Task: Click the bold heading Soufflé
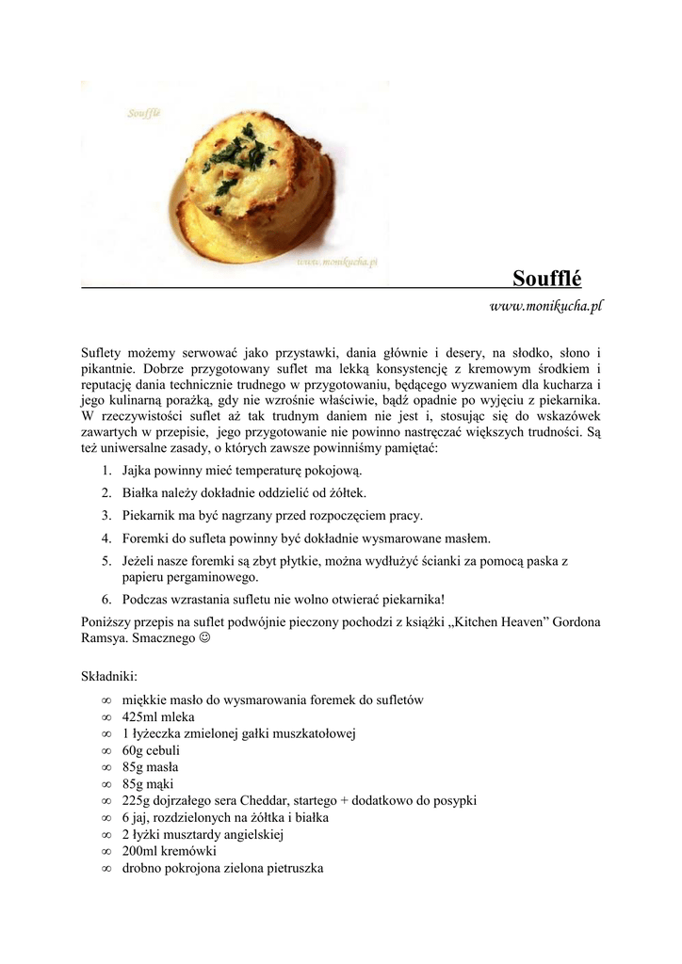pos(547,279)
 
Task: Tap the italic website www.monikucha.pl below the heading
pos(545,306)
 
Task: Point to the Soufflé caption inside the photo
pos(144,113)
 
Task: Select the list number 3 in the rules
pos(106,516)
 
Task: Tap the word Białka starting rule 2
pos(142,493)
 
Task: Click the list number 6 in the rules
pos(106,600)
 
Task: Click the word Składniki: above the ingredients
pos(110,676)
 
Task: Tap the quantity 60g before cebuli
pos(133,751)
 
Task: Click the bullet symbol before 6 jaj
pos(106,818)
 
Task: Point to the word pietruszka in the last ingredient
pos(291,868)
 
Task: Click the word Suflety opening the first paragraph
pos(103,351)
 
